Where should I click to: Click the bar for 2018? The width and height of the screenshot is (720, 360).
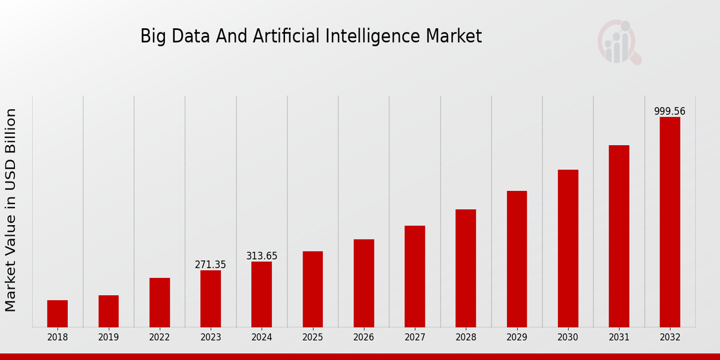coord(58,313)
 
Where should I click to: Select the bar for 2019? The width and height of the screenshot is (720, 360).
coord(109,311)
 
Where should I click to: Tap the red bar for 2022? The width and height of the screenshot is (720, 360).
coord(160,302)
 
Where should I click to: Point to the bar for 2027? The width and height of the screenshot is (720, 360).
coord(415,276)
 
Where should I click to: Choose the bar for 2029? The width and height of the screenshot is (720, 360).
coord(517,259)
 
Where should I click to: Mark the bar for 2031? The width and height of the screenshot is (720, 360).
coord(619,236)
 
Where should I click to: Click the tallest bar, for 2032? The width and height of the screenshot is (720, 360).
coord(670,222)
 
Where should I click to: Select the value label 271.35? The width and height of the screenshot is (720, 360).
coord(211,265)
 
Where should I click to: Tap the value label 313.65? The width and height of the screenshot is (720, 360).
coord(262,256)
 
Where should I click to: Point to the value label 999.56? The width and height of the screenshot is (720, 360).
coord(670,112)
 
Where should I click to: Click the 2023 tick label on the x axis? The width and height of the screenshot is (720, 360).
coord(211,337)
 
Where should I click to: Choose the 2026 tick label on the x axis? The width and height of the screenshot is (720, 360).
coord(364,337)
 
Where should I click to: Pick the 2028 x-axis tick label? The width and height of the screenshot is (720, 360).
coord(466,337)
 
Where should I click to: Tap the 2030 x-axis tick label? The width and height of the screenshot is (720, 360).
coord(568,337)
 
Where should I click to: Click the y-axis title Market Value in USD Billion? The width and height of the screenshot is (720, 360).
coord(11,210)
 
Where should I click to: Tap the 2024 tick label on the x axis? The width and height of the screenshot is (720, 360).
coord(262,337)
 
